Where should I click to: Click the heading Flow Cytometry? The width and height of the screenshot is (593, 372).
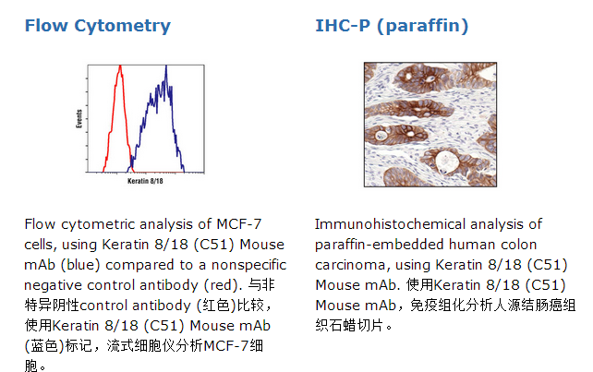tap(98, 26)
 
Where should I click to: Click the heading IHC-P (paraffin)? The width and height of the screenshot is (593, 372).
tap(392, 26)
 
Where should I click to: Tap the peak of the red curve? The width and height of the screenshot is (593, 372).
tap(120, 66)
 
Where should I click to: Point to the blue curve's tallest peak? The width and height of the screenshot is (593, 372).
tap(165, 66)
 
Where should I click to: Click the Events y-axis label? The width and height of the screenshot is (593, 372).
tap(79, 119)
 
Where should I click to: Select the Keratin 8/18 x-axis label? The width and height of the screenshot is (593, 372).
tap(145, 181)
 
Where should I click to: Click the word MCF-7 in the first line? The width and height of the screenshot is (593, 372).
tap(238, 224)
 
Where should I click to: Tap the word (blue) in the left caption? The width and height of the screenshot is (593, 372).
tap(80, 265)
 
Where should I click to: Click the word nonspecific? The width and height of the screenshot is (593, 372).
tap(248, 265)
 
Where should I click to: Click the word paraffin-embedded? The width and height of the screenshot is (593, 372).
tap(379, 245)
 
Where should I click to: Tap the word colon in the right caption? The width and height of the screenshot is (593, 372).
tap(518, 245)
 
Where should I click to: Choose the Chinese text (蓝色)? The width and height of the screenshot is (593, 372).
tap(44, 346)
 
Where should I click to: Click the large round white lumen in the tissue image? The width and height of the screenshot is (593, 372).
tap(447, 162)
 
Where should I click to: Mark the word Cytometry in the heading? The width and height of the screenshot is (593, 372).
tap(123, 26)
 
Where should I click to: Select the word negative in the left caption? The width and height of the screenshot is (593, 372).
tap(53, 285)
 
